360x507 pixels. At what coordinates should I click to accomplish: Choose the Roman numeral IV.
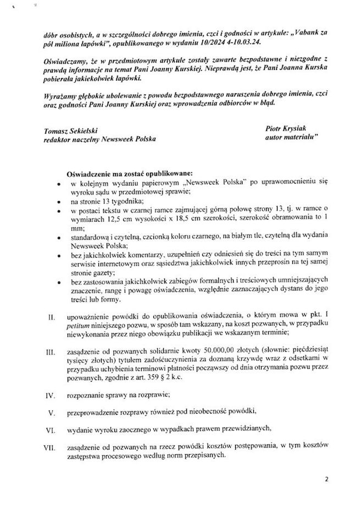click(x=51, y=394)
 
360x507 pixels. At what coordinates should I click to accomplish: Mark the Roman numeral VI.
click(x=51, y=429)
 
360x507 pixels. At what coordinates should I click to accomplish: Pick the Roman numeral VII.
click(x=51, y=448)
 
